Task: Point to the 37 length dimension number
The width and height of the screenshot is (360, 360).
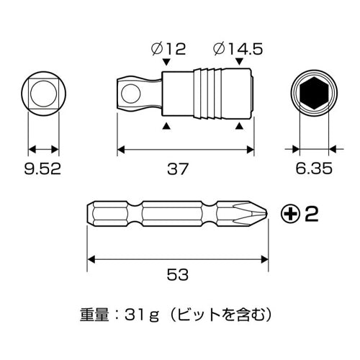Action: coord(177,170)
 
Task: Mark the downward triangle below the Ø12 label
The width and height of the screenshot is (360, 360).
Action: coord(167,65)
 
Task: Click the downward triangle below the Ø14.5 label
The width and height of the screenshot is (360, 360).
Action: coord(238,65)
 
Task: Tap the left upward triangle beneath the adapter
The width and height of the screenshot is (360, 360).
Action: coord(167,126)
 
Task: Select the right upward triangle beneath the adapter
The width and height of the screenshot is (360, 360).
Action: coord(238,126)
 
